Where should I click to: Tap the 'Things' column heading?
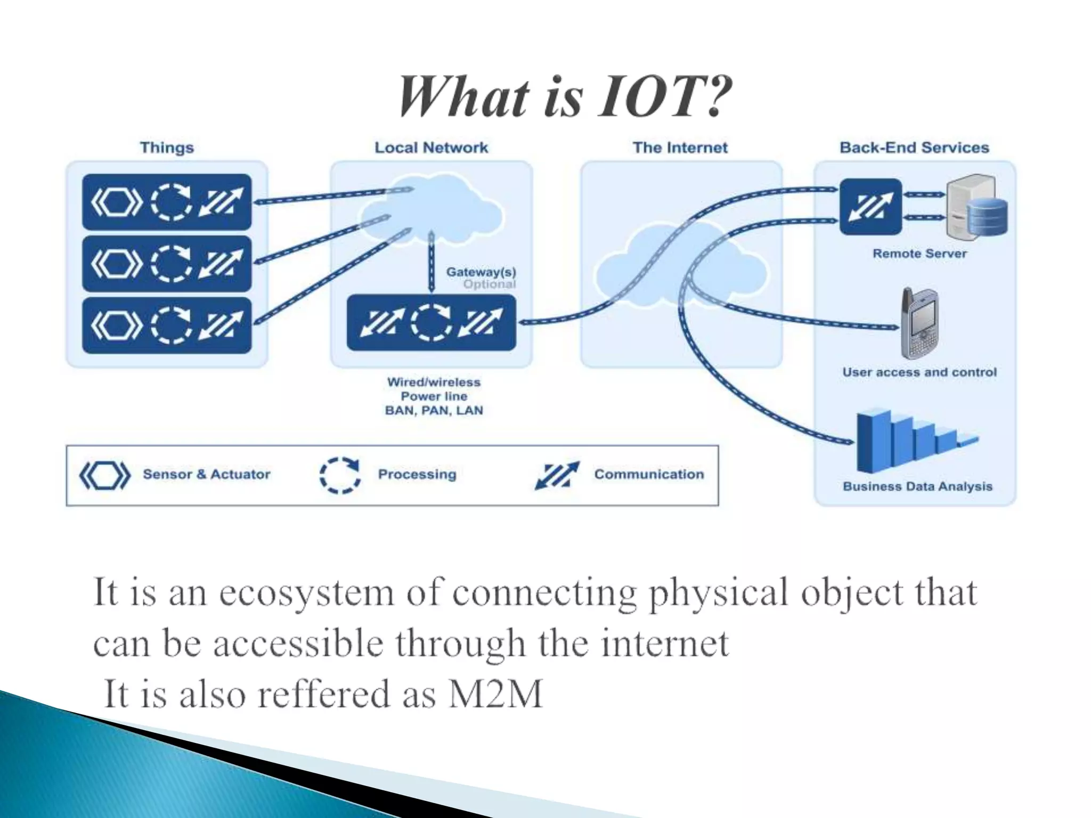[x=167, y=148]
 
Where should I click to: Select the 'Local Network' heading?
[x=431, y=148]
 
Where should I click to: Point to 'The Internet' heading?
[x=680, y=148]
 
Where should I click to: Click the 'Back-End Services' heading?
[x=914, y=148]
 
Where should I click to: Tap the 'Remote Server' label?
[x=919, y=253]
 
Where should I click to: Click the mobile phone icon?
[x=919, y=324]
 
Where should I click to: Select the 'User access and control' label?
[x=919, y=372]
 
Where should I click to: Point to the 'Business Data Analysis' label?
[x=917, y=486]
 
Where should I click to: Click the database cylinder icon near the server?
[x=987, y=216]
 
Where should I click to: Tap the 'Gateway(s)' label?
[x=481, y=272]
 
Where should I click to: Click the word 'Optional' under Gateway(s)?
[x=489, y=284]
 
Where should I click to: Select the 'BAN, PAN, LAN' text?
[x=434, y=411]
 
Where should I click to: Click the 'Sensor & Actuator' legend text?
[x=207, y=474]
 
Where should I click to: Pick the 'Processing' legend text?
[x=417, y=474]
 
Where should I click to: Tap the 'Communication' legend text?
[x=649, y=474]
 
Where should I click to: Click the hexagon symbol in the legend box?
[x=105, y=475]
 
